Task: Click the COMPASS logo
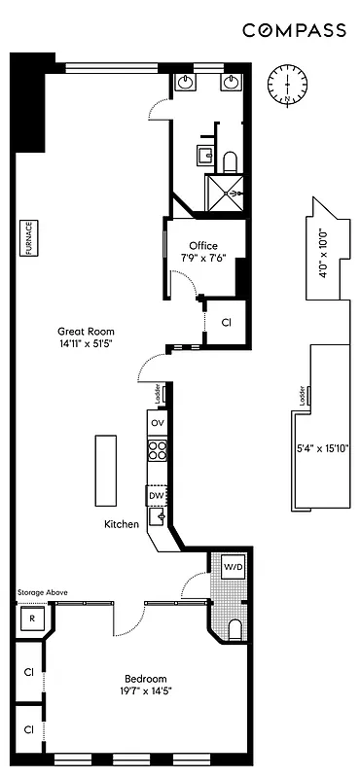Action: click(x=294, y=31)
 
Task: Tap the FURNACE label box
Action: click(x=29, y=238)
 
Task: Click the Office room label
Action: click(x=203, y=246)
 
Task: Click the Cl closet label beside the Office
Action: click(x=226, y=322)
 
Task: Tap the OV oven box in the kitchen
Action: click(x=157, y=424)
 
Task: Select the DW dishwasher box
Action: click(x=156, y=496)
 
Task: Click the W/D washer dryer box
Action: click(x=234, y=566)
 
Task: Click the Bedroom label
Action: click(x=145, y=679)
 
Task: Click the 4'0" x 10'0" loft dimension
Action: click(x=325, y=254)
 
